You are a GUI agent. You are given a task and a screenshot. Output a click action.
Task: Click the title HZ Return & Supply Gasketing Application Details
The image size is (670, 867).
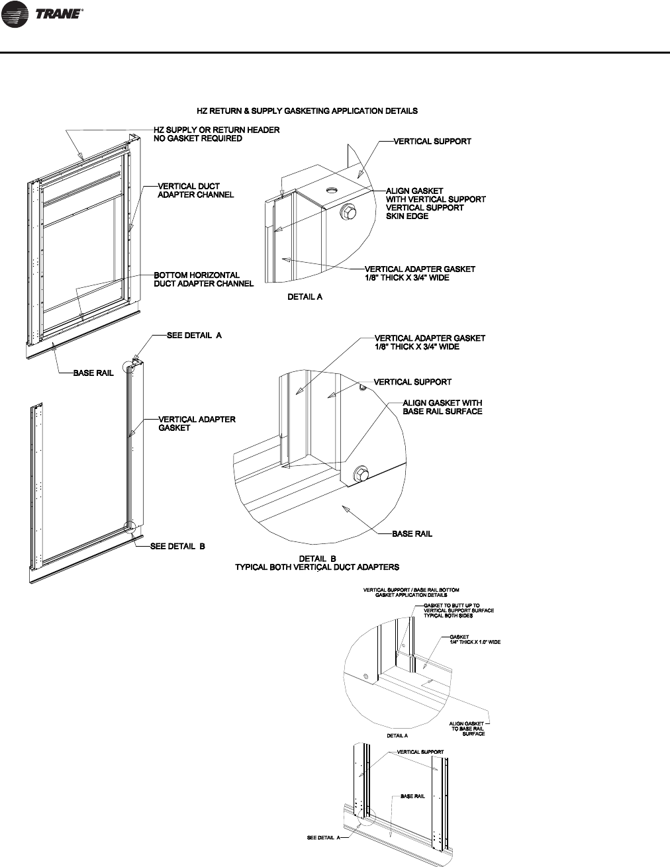pyautogui.click(x=307, y=111)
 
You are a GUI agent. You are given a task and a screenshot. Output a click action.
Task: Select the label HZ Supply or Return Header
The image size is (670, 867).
pyautogui.click(x=216, y=130)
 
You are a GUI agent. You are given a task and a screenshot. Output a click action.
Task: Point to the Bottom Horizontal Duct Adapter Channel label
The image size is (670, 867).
pyautogui.click(x=203, y=279)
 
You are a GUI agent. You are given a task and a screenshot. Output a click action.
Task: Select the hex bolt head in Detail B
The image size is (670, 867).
pyautogui.click(x=361, y=473)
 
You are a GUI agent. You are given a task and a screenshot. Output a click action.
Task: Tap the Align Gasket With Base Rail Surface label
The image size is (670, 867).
pyautogui.click(x=442, y=407)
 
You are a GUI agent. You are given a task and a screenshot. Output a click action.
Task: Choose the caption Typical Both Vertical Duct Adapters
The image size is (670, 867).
pyautogui.click(x=318, y=567)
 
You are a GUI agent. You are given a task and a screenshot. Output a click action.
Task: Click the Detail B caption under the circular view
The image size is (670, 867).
pyautogui.click(x=318, y=559)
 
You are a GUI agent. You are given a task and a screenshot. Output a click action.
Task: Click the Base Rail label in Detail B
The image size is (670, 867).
pyautogui.click(x=412, y=533)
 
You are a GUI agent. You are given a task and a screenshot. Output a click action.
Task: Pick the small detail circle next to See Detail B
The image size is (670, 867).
pyautogui.click(x=130, y=528)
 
